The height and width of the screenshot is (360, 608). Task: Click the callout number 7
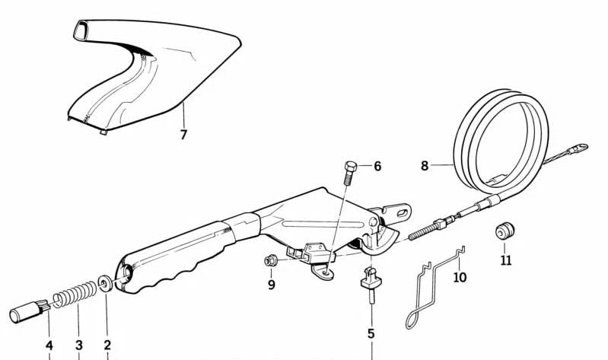(183, 135)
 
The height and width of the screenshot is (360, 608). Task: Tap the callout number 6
(377, 166)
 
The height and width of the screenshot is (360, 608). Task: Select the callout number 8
(425, 166)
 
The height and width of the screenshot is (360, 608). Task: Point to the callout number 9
(272, 285)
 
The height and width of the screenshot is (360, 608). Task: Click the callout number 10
(460, 277)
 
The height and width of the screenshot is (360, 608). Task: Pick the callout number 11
(505, 260)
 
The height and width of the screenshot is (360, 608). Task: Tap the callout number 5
(371, 333)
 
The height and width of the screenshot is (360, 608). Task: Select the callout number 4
(49, 346)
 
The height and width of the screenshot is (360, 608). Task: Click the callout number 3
(78, 346)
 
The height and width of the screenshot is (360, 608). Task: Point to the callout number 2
(107, 346)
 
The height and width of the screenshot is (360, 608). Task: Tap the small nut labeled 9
(269, 261)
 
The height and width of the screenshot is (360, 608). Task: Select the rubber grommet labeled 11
(505, 231)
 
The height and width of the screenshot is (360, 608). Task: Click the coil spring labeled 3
(75, 295)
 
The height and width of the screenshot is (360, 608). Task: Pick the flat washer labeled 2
(105, 284)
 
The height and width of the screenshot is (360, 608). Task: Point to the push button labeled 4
(29, 311)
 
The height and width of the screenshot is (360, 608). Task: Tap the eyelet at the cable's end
(578, 148)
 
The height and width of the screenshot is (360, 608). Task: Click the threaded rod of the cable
(423, 231)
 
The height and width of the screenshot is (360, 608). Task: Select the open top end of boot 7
(81, 30)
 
